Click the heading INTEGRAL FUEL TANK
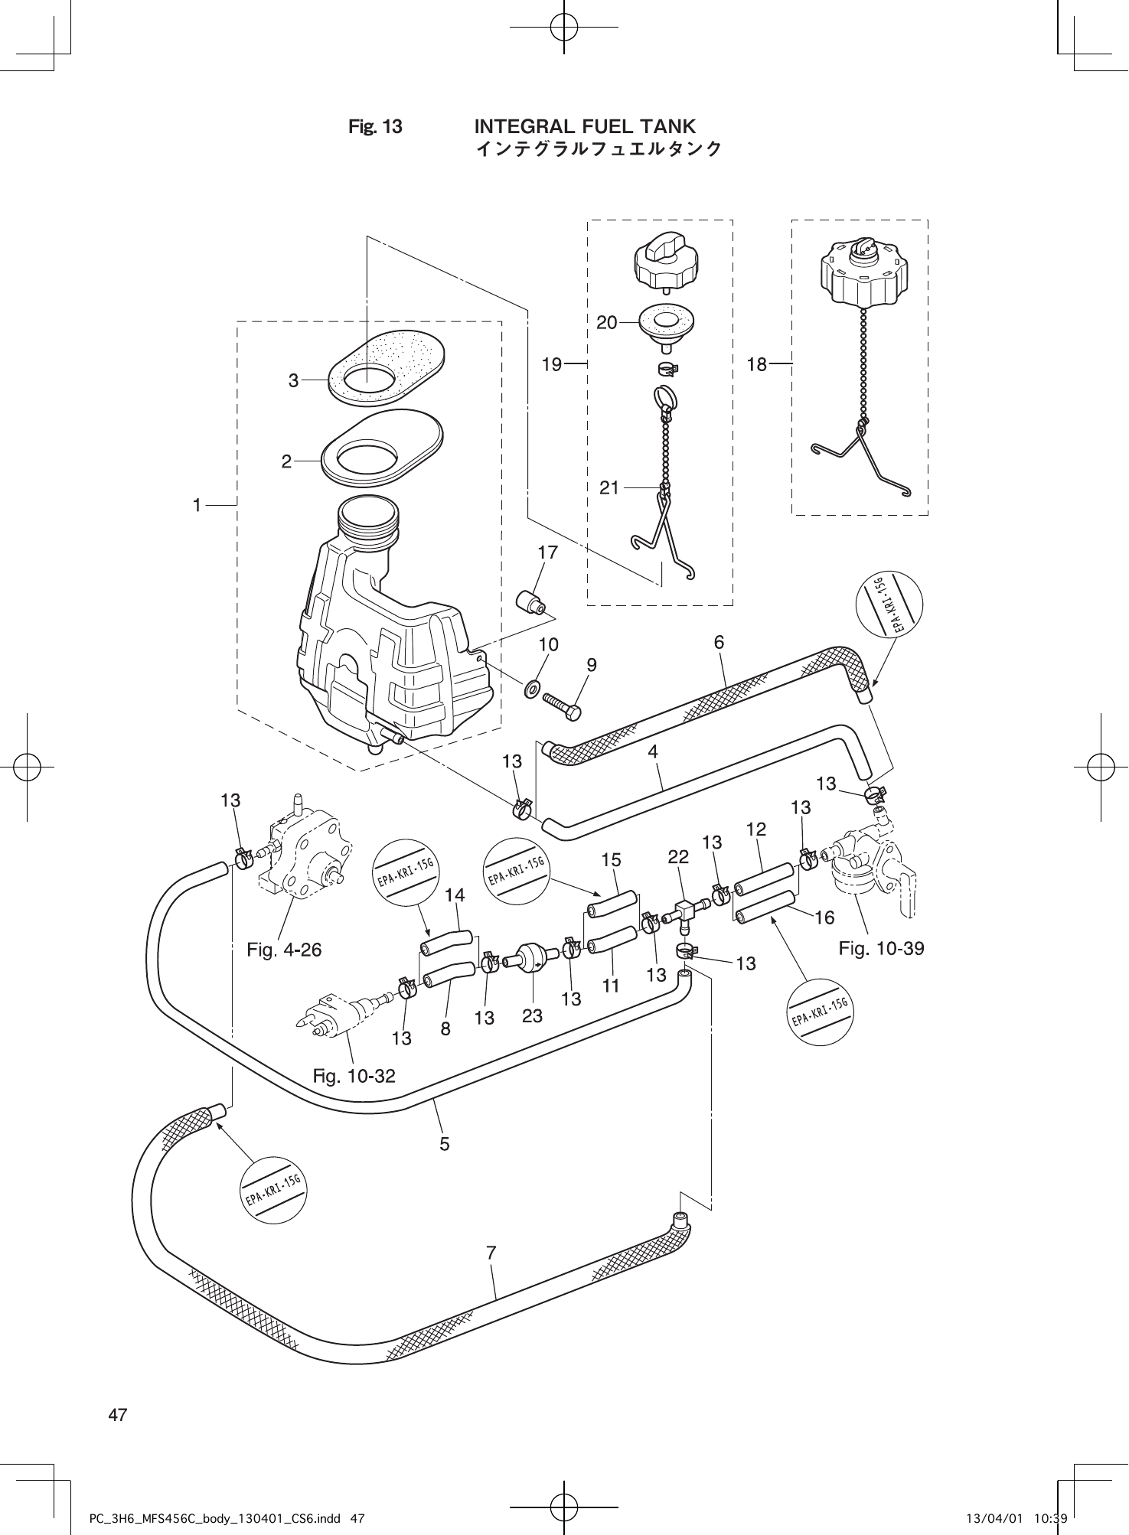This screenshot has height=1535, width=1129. (x=585, y=126)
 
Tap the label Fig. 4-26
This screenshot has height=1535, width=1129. (x=284, y=950)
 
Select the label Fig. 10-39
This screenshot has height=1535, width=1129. (x=881, y=948)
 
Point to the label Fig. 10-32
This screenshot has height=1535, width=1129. (x=354, y=1076)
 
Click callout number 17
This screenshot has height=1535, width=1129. (x=547, y=552)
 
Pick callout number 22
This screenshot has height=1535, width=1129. (x=678, y=857)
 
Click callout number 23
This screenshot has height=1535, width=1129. (x=532, y=1015)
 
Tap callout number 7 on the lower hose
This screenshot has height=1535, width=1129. (x=491, y=1253)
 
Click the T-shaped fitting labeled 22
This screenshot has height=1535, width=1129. (x=686, y=912)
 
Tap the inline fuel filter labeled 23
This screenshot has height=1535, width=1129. (x=527, y=957)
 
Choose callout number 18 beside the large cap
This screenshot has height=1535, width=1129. (x=756, y=365)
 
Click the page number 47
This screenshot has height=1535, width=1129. (x=118, y=1414)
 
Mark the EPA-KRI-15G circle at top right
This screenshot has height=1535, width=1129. (x=888, y=605)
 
